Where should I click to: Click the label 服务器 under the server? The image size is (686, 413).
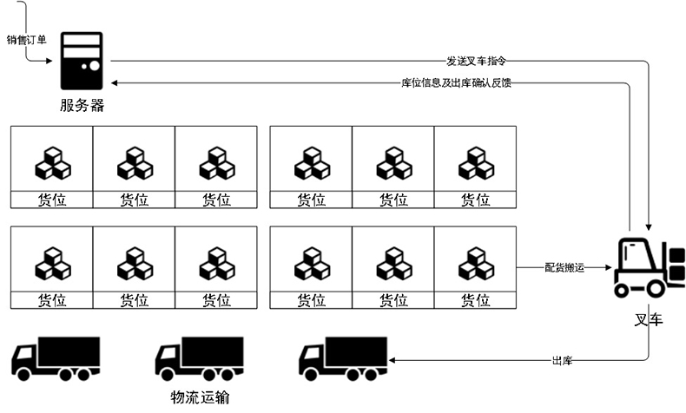click(82, 106)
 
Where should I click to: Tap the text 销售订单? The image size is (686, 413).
click(26, 40)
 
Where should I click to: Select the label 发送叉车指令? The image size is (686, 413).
click(476, 62)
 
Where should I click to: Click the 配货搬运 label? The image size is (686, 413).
click(564, 268)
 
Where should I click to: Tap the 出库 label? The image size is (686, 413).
click(561, 359)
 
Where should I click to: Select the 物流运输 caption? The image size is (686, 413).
click(200, 397)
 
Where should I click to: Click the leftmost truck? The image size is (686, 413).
click(56, 358)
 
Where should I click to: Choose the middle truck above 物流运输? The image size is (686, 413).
click(199, 358)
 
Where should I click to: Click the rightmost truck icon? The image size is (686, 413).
click(343, 358)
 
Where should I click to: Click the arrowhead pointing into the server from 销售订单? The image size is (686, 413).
click(53, 60)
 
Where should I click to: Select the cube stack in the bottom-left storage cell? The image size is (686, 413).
click(52, 264)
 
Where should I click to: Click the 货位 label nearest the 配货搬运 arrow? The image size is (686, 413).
click(475, 301)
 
